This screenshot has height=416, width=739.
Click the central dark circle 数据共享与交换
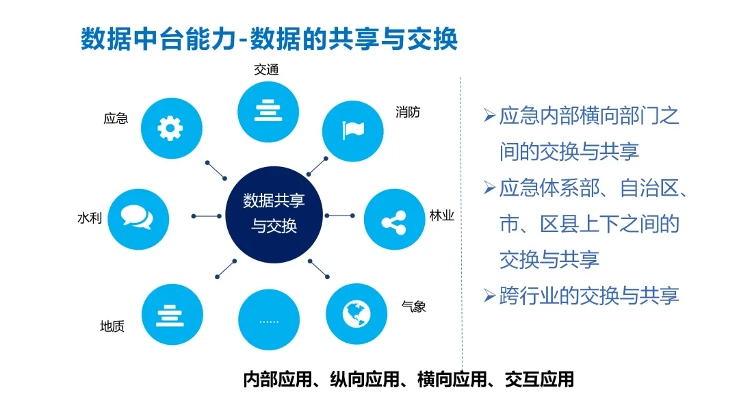point(274,213)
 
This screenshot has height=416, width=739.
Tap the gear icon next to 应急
point(171,128)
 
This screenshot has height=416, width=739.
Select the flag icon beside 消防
point(353,130)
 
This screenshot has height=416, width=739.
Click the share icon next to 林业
point(394,220)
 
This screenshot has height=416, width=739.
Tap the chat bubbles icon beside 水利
point(138,218)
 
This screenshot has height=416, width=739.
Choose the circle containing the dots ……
point(269,320)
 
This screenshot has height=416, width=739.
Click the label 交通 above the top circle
point(267,70)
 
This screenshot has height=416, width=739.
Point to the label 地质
point(112,326)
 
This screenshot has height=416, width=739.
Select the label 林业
point(441,216)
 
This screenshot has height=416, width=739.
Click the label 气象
point(414,307)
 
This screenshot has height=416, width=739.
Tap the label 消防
point(408,112)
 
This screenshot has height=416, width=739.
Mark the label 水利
point(90,218)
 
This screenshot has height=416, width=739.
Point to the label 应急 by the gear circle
point(116,118)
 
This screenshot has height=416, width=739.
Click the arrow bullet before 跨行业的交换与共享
point(489,296)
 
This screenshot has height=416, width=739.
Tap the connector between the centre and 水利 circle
point(207,216)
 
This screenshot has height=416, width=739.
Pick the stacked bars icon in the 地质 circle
point(172,314)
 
